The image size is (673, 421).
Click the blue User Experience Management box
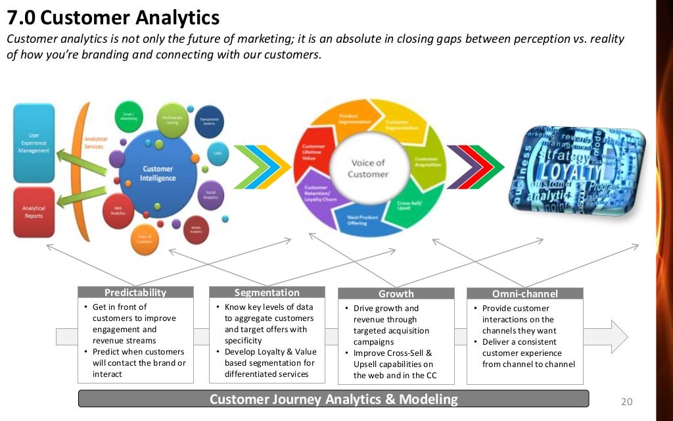pos(34,143)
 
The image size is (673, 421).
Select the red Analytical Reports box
pos(34,211)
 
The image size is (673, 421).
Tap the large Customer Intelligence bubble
pos(158,173)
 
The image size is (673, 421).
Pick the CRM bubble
pos(217,153)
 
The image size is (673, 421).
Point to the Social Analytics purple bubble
pos(211,194)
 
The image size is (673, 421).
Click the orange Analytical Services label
pos(94,142)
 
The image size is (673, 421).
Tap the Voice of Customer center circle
pos(368,168)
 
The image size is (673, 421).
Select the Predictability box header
pos(135,293)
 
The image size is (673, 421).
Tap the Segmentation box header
pos(267,293)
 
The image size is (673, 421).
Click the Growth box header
pos(396,294)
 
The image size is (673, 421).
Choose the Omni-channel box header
pos(524,294)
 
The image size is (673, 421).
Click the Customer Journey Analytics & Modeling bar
pos(333,399)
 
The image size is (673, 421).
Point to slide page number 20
pos(626,401)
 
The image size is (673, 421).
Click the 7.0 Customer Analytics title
pos(112,16)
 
